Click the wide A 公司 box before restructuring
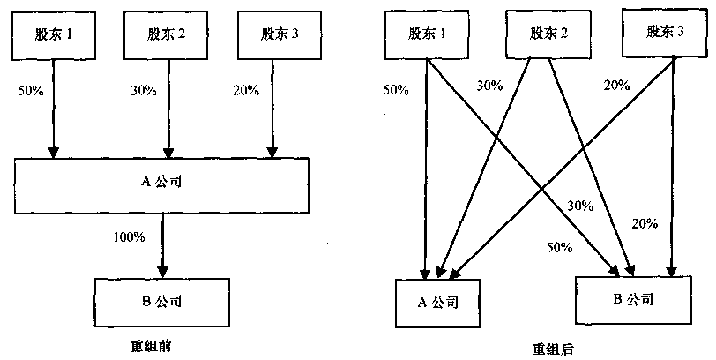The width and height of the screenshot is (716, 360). coord(161,183)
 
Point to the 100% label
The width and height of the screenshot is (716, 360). coord(128,236)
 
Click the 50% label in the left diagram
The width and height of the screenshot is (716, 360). coord(29,91)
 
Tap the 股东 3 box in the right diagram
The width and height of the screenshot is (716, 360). coord(666,32)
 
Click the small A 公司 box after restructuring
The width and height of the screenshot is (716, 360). coord(437,302)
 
